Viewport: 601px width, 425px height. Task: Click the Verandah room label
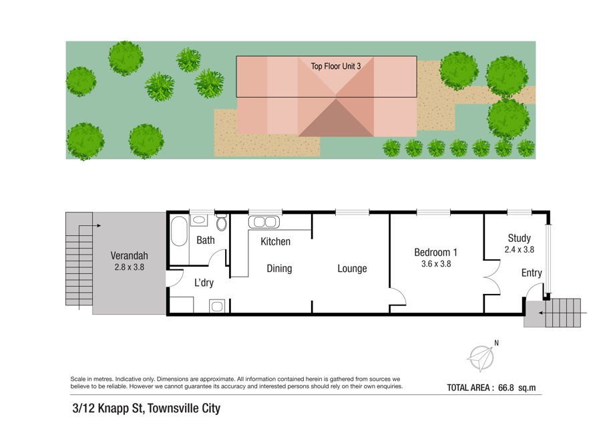[129, 255]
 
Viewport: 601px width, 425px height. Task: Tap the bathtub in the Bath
[179, 231]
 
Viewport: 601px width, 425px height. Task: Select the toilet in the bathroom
[221, 223]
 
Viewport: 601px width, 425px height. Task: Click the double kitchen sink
[264, 222]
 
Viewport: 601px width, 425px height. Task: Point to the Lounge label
[352, 269]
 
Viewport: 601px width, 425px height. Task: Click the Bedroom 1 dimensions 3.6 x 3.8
[436, 264]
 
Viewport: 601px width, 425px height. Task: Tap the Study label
[520, 238]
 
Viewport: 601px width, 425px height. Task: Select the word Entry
[532, 273]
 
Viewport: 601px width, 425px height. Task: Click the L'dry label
[204, 283]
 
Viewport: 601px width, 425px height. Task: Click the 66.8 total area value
[506, 388]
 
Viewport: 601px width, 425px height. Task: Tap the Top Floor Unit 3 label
[336, 66]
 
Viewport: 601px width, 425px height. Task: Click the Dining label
[279, 269]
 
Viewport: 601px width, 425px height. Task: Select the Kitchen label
[275, 242]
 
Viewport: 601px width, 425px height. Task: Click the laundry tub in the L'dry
[217, 306]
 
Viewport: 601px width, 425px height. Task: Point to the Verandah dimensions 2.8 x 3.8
[129, 267]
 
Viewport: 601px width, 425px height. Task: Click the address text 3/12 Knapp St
[108, 408]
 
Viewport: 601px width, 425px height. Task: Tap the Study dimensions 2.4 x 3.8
[520, 249]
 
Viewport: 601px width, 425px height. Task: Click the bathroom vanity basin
[198, 220]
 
